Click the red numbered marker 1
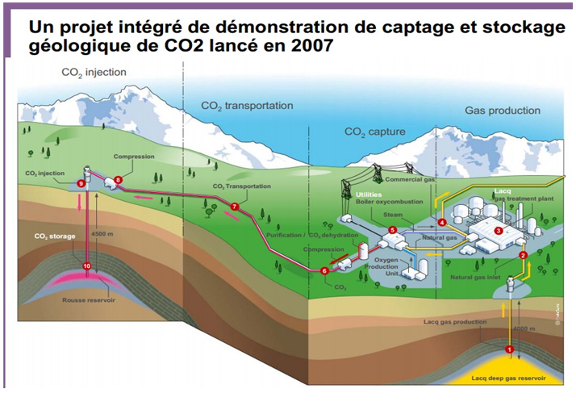tap(509, 349)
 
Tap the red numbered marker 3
tap(498, 230)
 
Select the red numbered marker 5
tap(392, 230)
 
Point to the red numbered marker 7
tap(235, 207)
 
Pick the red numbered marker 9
tap(81, 183)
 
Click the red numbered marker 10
tap(86, 266)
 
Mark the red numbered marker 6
tap(325, 271)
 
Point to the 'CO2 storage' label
tap(54, 236)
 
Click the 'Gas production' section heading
tap(502, 110)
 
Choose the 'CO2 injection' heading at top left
tap(94, 73)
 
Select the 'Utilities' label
tap(369, 195)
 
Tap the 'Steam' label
tap(393, 215)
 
